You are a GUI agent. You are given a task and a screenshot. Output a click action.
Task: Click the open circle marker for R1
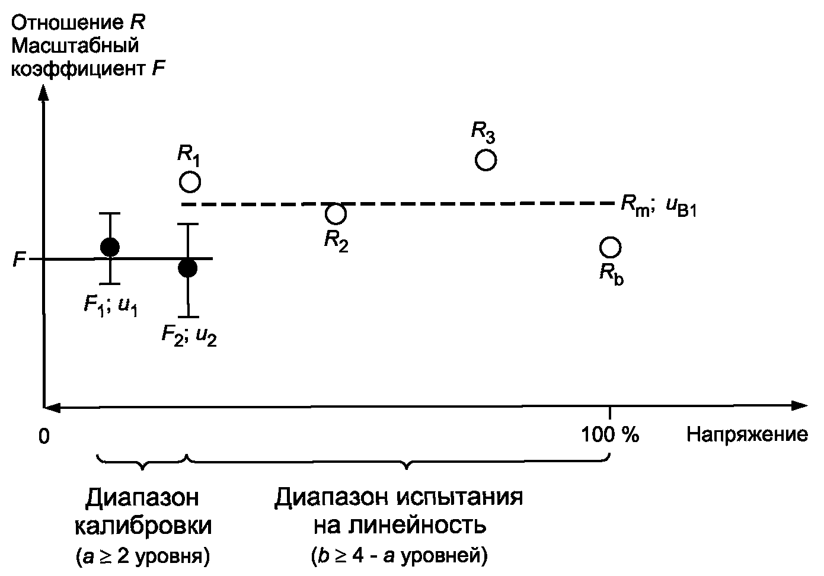[x=190, y=181]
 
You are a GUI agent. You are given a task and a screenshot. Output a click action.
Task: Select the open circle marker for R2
[x=336, y=212]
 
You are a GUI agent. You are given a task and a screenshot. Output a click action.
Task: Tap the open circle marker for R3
[x=486, y=160]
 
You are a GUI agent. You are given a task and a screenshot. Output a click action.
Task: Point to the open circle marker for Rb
[x=610, y=247]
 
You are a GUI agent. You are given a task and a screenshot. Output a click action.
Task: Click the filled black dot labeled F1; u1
[x=110, y=247]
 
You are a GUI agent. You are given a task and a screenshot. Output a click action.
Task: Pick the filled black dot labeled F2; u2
[x=187, y=268]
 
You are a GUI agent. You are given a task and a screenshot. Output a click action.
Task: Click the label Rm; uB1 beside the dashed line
[x=658, y=206]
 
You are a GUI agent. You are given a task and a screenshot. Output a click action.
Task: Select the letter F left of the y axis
[x=19, y=259]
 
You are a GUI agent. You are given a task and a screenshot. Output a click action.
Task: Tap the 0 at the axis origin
[x=43, y=436]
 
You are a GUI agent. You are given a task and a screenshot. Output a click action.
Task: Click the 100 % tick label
[x=611, y=435]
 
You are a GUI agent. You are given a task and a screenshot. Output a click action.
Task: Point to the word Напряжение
[x=747, y=435]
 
